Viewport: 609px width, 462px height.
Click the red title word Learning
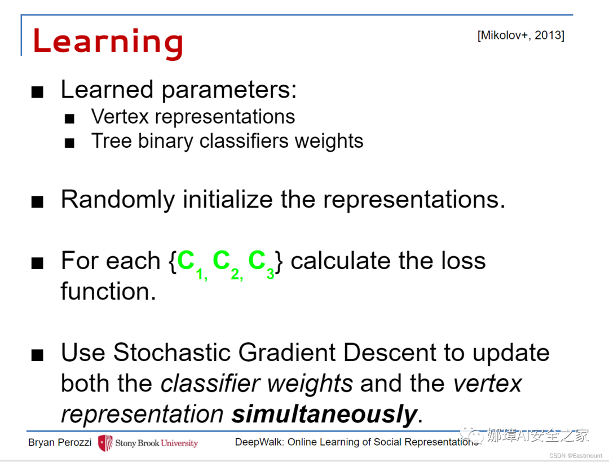108,43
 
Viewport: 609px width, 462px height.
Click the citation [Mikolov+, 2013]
521,36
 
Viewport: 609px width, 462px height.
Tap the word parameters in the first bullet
229,90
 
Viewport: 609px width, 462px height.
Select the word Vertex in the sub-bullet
120,117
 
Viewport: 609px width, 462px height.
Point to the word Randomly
118,200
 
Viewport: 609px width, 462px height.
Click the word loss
464,261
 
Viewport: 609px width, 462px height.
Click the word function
108,291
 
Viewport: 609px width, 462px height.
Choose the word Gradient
287,353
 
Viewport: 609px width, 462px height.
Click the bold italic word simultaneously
324,414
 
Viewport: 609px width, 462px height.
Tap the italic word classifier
210,384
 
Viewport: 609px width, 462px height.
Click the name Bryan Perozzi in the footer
60,443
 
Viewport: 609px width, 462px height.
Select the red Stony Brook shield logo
105,443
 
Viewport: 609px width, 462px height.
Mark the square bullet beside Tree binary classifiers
69,143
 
